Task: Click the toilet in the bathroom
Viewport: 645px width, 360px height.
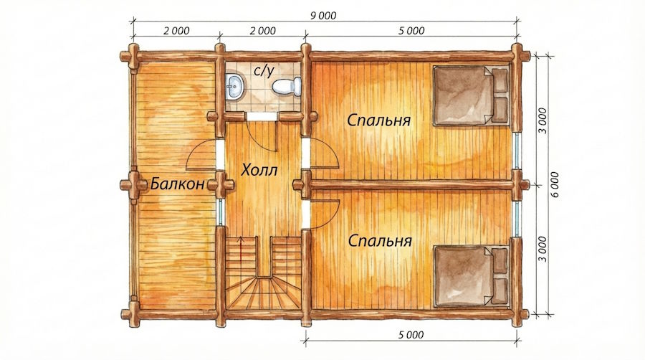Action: pos(287,86)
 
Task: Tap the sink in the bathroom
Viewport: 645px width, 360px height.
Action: pos(234,86)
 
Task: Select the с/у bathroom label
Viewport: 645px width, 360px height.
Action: pos(264,71)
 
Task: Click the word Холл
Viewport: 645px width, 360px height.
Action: pos(259,169)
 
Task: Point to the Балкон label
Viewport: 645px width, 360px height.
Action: pos(177,184)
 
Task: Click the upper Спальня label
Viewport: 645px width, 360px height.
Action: pos(378,120)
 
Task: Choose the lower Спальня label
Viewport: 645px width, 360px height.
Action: pos(380,240)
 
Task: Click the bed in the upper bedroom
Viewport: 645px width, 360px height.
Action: pos(472,95)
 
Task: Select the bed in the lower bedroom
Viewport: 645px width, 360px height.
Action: pos(472,276)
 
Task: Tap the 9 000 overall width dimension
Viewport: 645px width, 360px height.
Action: pos(323,16)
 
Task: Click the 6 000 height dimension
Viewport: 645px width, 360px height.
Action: pos(555,184)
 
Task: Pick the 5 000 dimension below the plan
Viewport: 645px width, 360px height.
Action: pos(411,335)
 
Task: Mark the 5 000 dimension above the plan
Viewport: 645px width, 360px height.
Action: pos(411,31)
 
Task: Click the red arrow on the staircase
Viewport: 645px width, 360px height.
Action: pos(241,248)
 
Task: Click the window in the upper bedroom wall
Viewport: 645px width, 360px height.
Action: pos(517,151)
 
